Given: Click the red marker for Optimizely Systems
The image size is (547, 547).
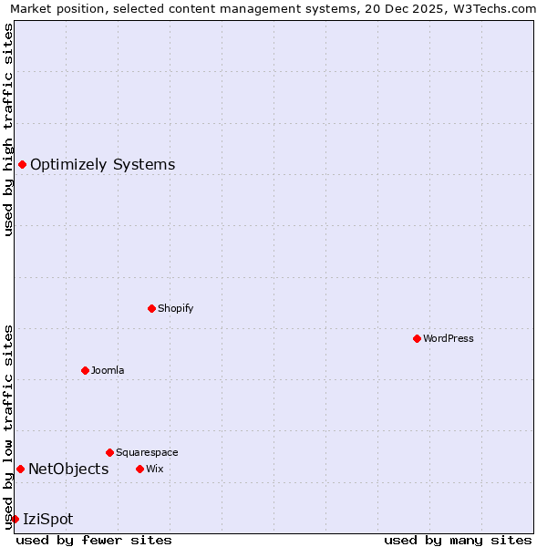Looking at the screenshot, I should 22,164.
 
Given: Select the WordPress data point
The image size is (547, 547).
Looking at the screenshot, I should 417,338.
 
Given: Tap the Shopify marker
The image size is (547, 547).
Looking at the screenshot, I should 151,308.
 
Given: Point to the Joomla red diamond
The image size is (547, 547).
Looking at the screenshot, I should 85,370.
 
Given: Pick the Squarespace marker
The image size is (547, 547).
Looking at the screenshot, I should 109,452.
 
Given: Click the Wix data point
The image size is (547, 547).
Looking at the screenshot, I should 139,469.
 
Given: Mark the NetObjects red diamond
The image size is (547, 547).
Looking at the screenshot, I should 20,469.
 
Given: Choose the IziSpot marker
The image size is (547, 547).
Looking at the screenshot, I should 15,519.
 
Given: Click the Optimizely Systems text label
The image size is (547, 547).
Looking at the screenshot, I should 102,165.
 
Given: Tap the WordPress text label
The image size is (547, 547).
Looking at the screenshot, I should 448,338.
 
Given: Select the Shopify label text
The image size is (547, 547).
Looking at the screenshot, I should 175,308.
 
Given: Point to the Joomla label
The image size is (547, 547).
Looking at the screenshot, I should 108,370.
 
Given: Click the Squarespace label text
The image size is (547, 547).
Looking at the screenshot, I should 147,452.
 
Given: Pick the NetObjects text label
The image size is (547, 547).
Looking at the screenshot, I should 68,470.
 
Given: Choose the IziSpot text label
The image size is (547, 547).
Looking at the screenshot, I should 47,520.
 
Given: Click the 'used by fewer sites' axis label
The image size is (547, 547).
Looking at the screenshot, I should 94,540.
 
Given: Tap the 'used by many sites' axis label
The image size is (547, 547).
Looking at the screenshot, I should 458,540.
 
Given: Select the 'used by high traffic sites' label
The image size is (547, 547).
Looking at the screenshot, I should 8,129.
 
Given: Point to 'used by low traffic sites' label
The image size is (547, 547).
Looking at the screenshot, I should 8,426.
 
